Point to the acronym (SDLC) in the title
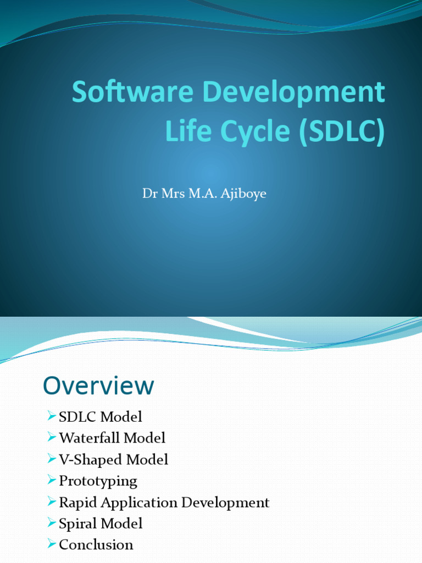tap(342, 133)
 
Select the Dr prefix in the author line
tap(149, 194)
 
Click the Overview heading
tap(98, 386)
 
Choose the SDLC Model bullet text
tap(100, 417)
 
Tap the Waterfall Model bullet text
tap(112, 438)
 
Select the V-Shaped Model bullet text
tap(113, 460)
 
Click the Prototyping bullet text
tap(98, 481)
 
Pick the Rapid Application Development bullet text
tap(164, 503)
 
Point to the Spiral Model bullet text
tap(101, 523)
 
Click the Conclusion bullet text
tap(96, 545)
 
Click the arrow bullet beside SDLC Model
tap(52, 416)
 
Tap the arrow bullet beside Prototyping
tap(52, 481)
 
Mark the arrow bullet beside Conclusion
tap(52, 544)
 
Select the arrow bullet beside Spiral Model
tap(52, 523)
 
